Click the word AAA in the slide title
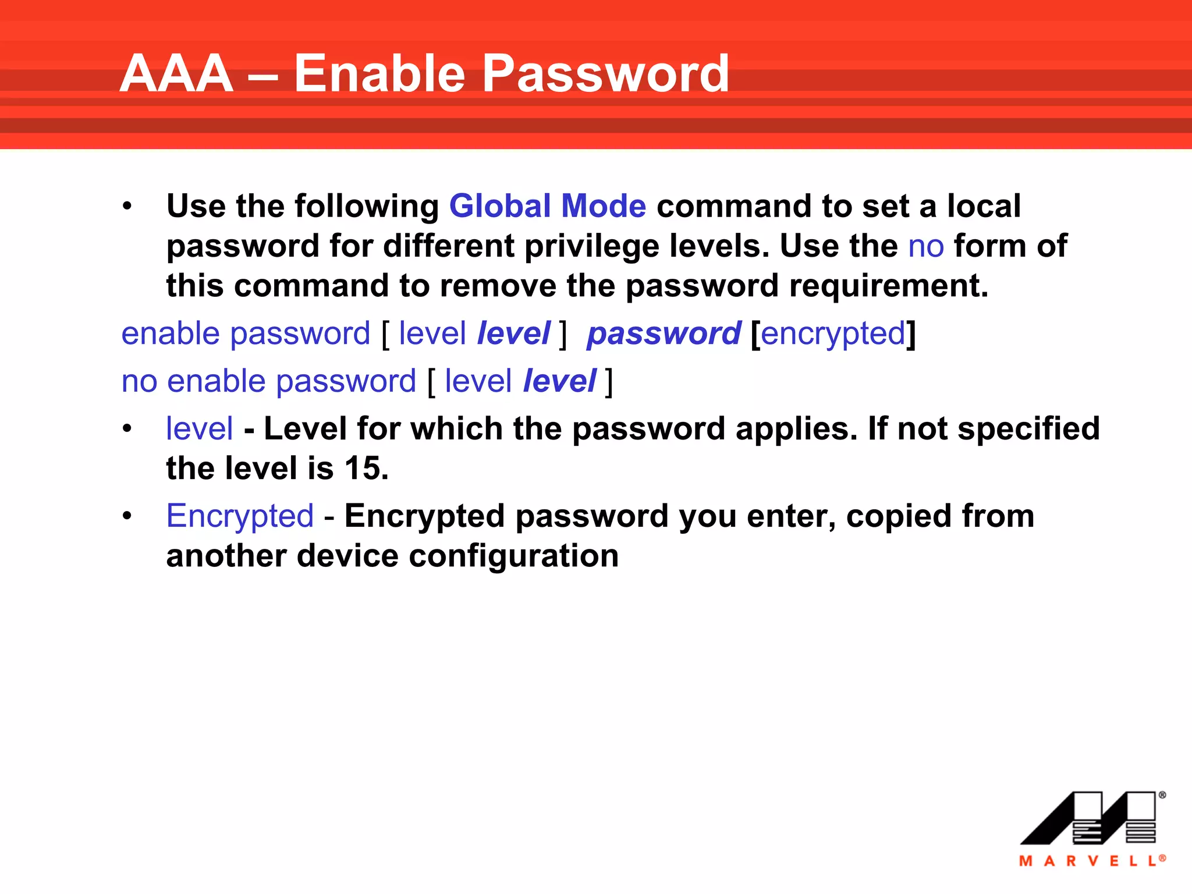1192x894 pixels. pos(176,74)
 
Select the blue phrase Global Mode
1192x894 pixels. pos(547,206)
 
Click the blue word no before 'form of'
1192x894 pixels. pos(925,246)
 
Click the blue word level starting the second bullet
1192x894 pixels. pos(200,429)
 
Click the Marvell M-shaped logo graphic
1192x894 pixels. pos(1089,818)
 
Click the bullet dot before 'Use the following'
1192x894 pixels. pos(127,207)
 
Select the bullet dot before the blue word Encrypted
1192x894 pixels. pos(127,516)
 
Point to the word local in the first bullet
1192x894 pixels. pos(984,206)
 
